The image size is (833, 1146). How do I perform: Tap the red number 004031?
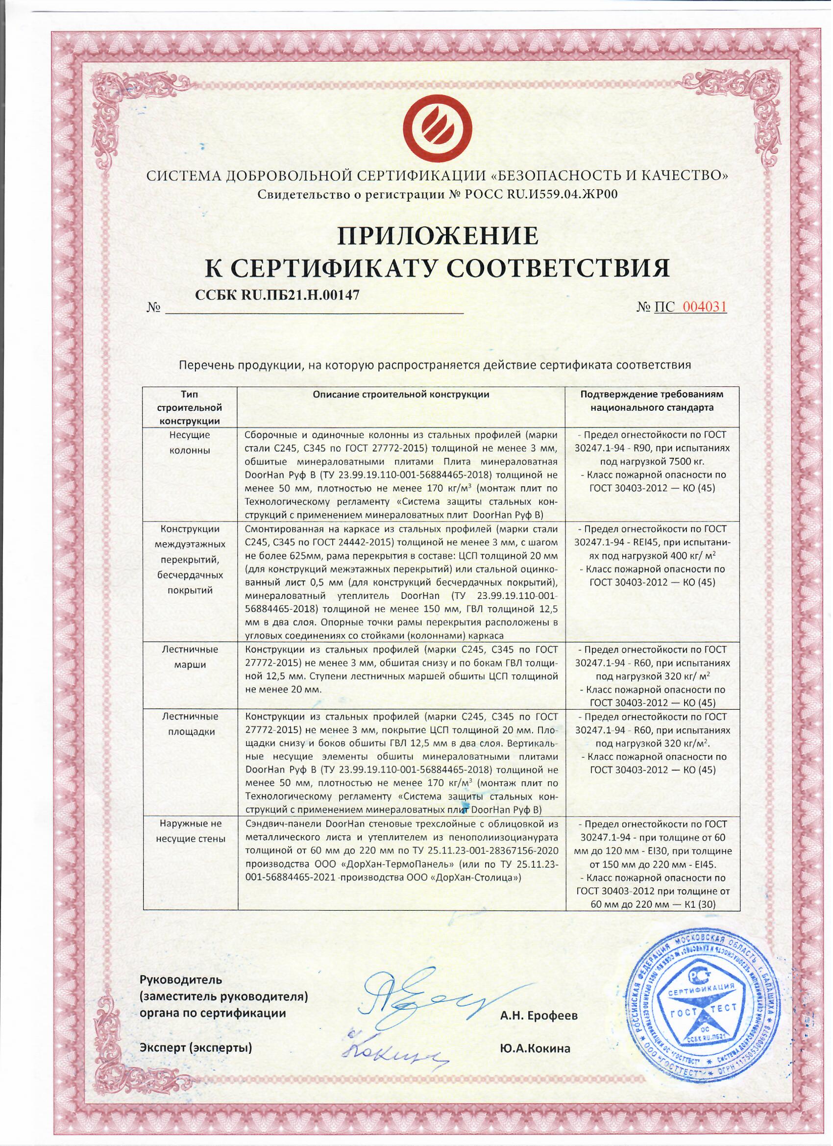tap(704, 307)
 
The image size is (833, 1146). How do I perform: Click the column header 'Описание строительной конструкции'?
tap(401, 394)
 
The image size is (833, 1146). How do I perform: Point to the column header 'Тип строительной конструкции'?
tap(190, 407)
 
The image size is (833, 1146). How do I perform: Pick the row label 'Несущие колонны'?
tap(190, 442)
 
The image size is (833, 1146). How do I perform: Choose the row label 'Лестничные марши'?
tap(190, 656)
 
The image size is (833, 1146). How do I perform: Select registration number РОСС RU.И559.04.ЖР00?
tap(545, 194)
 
